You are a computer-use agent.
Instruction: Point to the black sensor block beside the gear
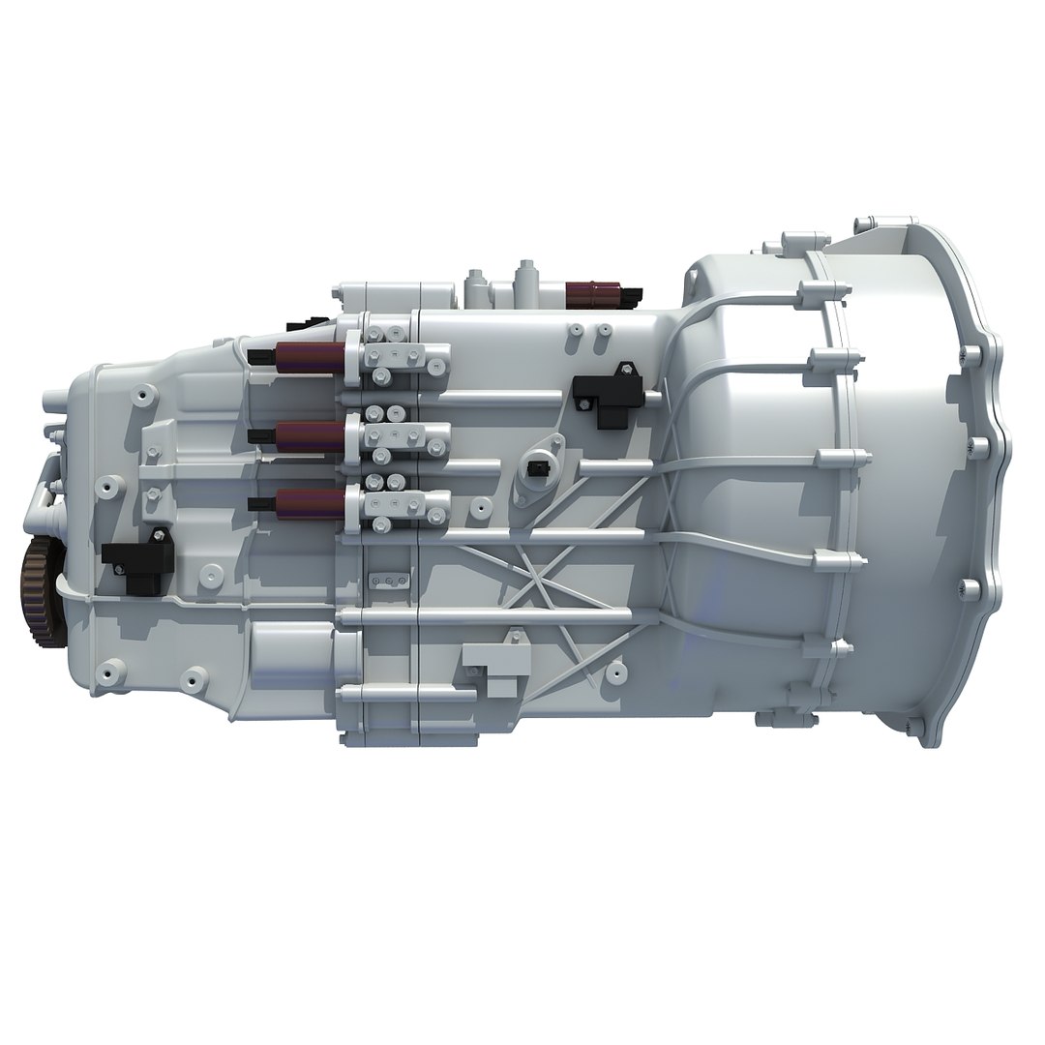(x=136, y=558)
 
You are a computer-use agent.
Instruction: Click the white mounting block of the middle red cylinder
(x=406, y=438)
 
